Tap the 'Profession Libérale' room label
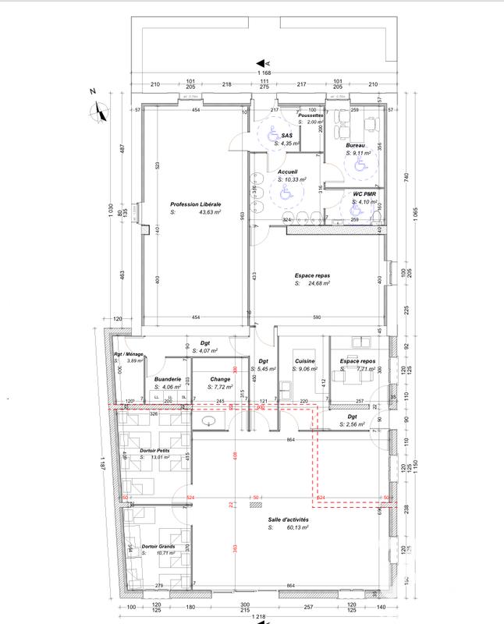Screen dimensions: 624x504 (196, 204)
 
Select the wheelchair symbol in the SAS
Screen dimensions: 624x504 (275, 134)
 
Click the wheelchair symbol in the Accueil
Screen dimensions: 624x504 (286, 189)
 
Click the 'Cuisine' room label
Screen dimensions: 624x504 (304, 361)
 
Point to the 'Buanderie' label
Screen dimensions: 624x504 (168, 379)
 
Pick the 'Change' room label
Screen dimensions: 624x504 (219, 379)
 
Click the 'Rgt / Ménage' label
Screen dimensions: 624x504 (129, 353)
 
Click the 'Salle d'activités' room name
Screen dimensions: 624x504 (288, 519)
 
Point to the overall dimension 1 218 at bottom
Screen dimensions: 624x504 (257, 617)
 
